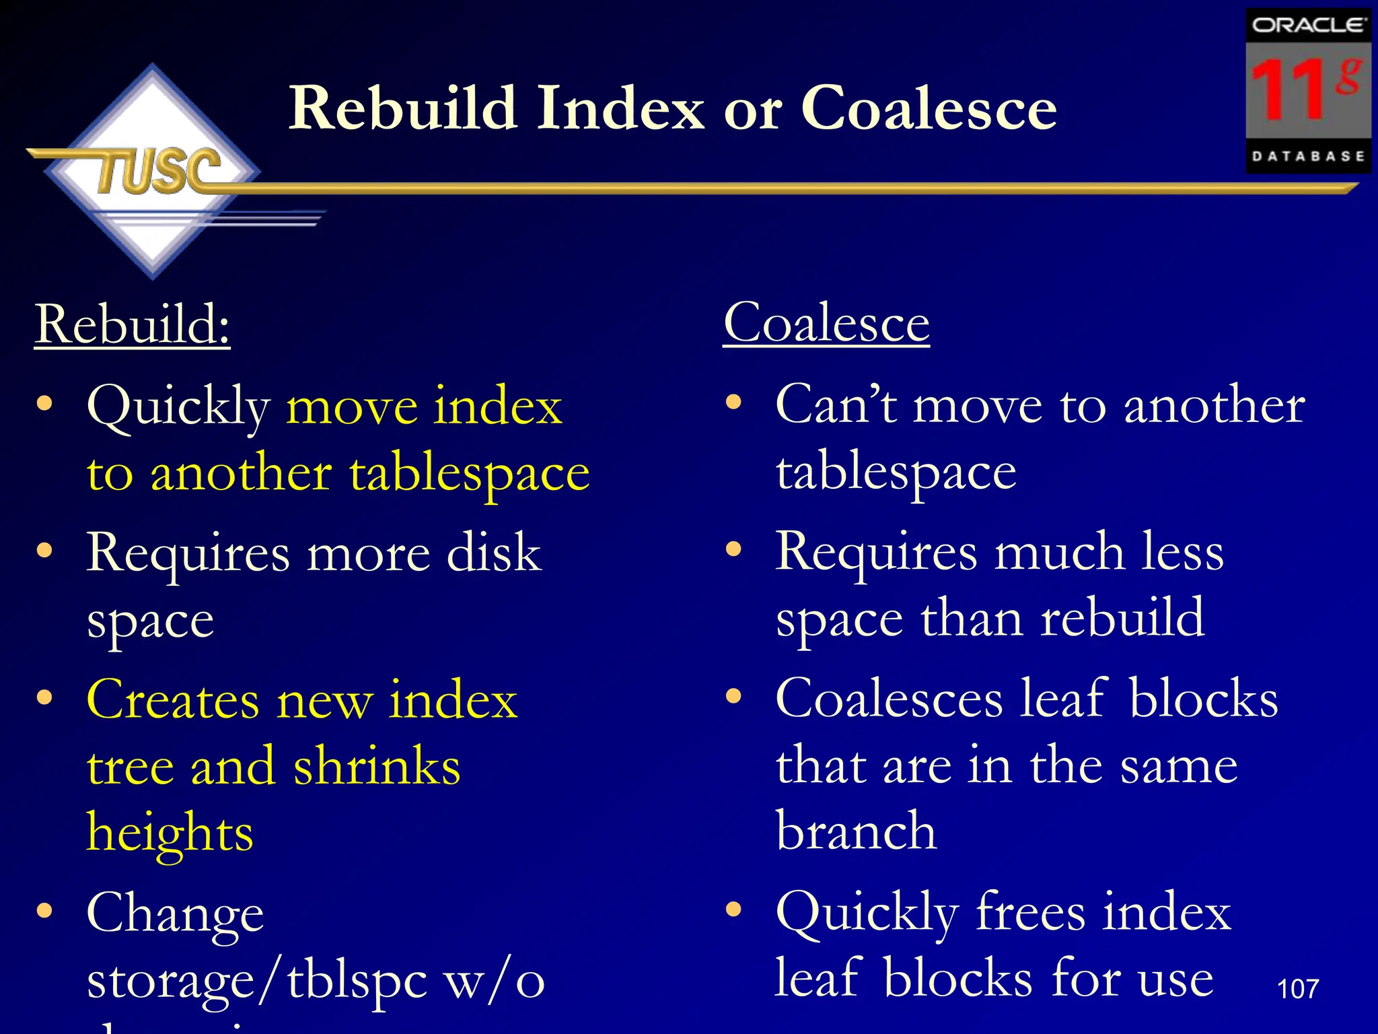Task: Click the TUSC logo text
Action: click(159, 172)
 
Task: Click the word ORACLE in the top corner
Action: click(1308, 26)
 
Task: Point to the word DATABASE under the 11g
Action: click(1308, 156)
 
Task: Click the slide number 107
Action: click(1297, 989)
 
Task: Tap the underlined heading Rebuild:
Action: click(133, 324)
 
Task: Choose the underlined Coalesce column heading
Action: click(826, 323)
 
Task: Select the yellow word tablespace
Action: click(469, 473)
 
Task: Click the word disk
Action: click(494, 553)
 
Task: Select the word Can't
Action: click(836, 405)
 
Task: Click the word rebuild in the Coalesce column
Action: click(1122, 617)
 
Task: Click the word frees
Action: click(1030, 913)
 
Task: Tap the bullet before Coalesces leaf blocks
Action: click(733, 697)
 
